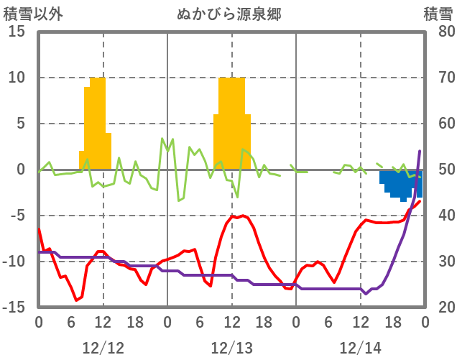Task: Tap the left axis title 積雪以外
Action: point(29,14)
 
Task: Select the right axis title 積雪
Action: point(438,14)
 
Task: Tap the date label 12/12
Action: point(103,348)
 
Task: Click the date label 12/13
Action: point(231,348)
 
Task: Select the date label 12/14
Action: point(361,348)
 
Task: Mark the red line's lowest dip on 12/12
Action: point(76,300)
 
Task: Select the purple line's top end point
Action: point(420,151)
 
